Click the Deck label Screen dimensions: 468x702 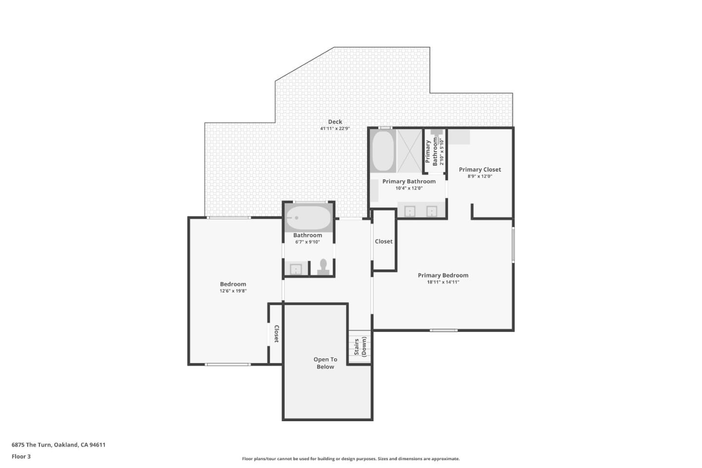tap(335, 122)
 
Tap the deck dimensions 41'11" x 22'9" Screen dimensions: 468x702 tap(335, 129)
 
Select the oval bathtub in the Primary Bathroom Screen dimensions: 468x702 tap(383, 151)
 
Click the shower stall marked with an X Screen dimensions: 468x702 tap(409, 151)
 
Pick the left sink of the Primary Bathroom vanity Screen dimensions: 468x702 tap(410, 211)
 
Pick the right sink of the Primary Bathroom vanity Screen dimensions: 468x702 tap(431, 211)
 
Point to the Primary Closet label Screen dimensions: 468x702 tap(480, 170)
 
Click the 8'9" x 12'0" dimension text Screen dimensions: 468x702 tap(480, 176)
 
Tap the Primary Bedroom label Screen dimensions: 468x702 tap(443, 275)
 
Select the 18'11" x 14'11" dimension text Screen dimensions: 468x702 tap(443, 282)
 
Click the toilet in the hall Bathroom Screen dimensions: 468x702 tap(323, 267)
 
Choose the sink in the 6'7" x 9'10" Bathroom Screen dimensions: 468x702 tap(296, 269)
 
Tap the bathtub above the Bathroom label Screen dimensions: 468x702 tap(308, 218)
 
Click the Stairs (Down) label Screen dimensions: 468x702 tap(360, 347)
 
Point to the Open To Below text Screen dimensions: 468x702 tap(325, 363)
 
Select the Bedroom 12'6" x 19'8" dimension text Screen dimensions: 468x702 tap(233, 291)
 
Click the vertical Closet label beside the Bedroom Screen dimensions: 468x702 tap(276, 334)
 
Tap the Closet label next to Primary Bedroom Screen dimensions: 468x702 tap(384, 241)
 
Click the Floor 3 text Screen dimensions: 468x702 tap(21, 457)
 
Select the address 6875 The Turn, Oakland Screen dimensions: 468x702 tap(58, 445)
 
